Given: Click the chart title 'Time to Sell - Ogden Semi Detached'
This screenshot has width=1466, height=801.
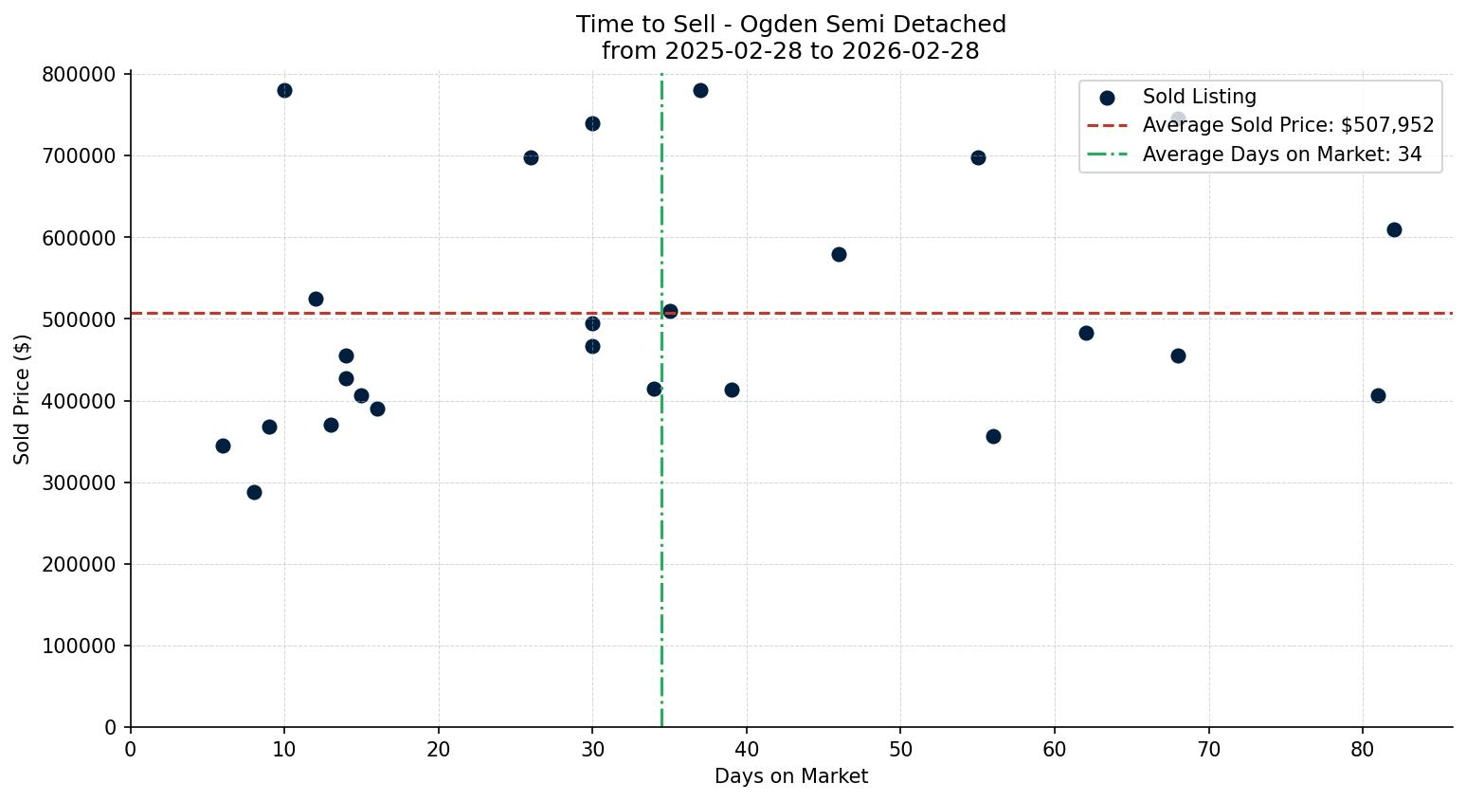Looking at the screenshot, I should [x=790, y=25].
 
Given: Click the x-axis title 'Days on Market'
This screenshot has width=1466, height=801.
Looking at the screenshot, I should [x=790, y=776].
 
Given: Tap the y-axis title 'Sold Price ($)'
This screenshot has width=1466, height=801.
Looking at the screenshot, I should [x=23, y=399].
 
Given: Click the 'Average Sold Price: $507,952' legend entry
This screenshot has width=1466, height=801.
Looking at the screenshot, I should [x=1288, y=125].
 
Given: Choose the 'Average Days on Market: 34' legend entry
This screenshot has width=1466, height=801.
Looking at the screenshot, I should [x=1281, y=155].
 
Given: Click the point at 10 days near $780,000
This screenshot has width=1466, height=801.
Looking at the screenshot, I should [x=284, y=90].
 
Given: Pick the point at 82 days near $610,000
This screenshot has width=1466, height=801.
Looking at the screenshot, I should [x=1393, y=229].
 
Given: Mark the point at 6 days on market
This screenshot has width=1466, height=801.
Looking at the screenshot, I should [x=223, y=446].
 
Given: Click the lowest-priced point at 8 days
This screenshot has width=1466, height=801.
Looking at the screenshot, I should [x=254, y=492].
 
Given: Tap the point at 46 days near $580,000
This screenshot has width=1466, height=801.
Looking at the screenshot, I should [x=839, y=254].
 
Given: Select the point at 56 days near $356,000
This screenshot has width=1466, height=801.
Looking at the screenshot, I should [x=993, y=436].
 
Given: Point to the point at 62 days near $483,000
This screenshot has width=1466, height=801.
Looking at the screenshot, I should [x=1086, y=333].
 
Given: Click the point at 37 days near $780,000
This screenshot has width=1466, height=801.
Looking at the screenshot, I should [x=700, y=90].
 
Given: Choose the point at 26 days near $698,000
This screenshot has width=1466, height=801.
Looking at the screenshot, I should [x=531, y=157].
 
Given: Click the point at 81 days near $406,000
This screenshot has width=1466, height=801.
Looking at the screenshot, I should [x=1378, y=395].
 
